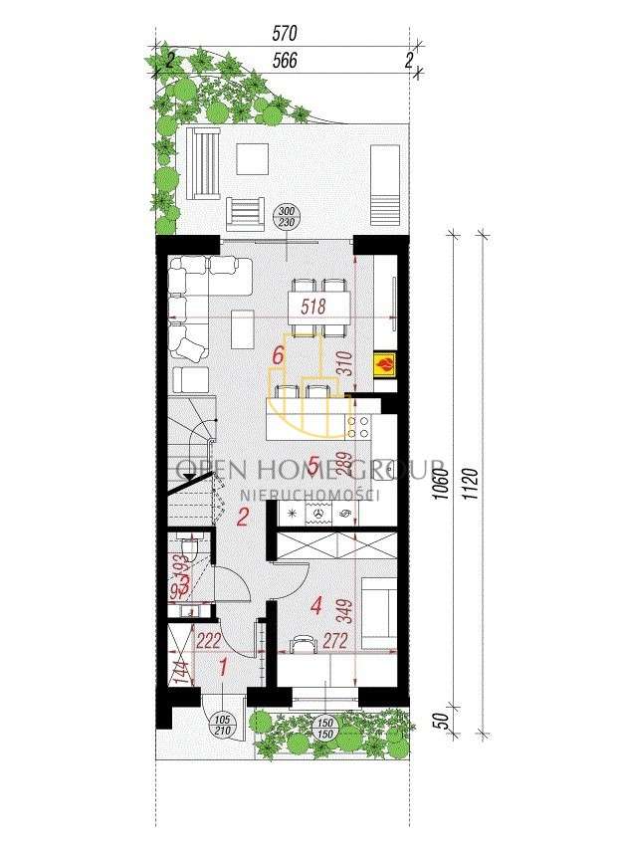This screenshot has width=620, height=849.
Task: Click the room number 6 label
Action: pyautogui.click(x=281, y=355)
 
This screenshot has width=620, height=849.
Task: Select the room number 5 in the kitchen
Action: pyautogui.click(x=313, y=465)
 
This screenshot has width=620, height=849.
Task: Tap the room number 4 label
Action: pyautogui.click(x=316, y=604)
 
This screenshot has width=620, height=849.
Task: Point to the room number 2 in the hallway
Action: pyautogui.click(x=242, y=517)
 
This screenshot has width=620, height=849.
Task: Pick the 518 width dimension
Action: pyautogui.click(x=313, y=306)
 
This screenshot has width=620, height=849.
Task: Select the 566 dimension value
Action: pyautogui.click(x=285, y=60)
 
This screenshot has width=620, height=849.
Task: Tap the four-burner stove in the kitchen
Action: pyautogui.click(x=358, y=428)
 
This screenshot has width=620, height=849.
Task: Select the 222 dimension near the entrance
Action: pyautogui.click(x=208, y=641)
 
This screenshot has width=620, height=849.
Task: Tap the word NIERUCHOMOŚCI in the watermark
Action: pyautogui.click(x=310, y=494)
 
